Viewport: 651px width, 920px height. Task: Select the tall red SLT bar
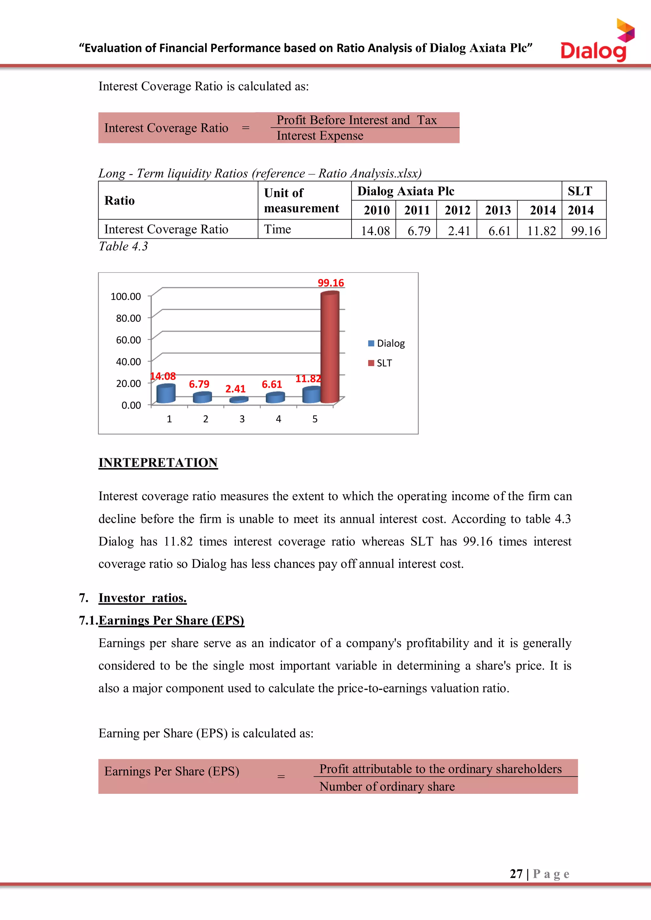(x=330, y=347)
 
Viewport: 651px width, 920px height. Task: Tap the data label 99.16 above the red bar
(x=331, y=283)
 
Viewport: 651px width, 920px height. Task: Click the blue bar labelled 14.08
(x=166, y=393)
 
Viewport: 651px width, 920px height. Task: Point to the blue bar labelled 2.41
(x=238, y=399)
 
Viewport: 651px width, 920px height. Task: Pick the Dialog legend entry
(x=387, y=344)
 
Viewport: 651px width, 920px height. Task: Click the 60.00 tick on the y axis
(x=128, y=340)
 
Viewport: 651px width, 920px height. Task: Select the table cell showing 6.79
(x=419, y=231)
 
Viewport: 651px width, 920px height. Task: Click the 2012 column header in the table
(x=457, y=210)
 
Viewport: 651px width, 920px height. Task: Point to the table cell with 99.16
(x=585, y=231)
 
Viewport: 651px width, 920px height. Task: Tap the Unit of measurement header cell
(x=301, y=200)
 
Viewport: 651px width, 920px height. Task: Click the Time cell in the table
(x=278, y=229)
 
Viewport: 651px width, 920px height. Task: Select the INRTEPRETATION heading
(x=158, y=462)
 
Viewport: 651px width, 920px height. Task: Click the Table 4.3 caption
(x=123, y=246)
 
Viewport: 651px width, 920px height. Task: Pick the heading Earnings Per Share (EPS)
(x=171, y=620)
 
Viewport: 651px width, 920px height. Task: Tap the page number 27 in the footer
(x=516, y=874)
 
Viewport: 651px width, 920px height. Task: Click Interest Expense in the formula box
(x=320, y=136)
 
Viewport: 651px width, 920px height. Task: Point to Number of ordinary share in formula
(x=387, y=786)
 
